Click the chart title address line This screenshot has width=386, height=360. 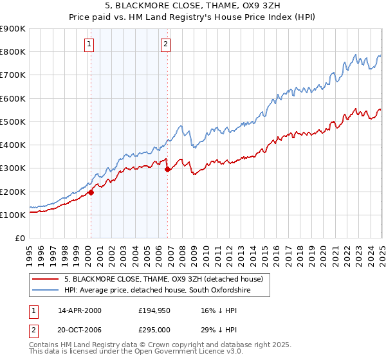(193, 7)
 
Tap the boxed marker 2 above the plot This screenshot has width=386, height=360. (165, 44)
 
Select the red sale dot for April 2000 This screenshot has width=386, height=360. (91, 192)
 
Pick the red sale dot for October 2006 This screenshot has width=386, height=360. (168, 170)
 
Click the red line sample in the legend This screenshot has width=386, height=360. (46, 279)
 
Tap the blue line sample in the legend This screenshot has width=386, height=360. (46, 291)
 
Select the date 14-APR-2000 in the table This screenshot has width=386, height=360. (80, 310)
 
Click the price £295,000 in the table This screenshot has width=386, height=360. (155, 330)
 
